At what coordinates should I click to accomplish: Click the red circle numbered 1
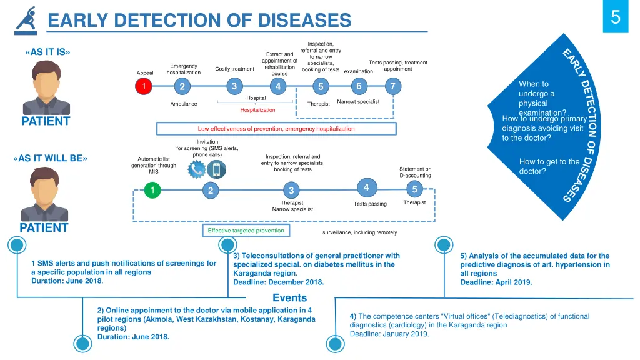144,86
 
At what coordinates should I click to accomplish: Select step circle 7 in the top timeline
392,86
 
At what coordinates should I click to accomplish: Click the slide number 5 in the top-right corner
615,17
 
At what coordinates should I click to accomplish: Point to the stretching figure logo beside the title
27,21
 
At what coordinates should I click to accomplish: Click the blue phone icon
197,169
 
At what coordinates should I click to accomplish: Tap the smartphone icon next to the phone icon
216,169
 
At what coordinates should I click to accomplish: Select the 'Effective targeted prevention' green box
246,231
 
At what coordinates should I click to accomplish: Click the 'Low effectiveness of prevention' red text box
276,129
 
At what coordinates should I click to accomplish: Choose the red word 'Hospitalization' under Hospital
257,110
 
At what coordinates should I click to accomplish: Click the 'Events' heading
289,298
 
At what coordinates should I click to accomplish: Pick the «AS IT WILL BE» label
50,158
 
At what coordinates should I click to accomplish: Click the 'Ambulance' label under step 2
184,104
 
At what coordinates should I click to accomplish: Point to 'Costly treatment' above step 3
234,69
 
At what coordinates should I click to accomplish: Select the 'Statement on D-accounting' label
415,172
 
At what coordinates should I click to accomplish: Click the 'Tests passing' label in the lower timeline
370,204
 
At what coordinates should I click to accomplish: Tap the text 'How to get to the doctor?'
549,166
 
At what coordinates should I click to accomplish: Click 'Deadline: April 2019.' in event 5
496,282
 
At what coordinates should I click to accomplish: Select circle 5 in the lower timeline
415,189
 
